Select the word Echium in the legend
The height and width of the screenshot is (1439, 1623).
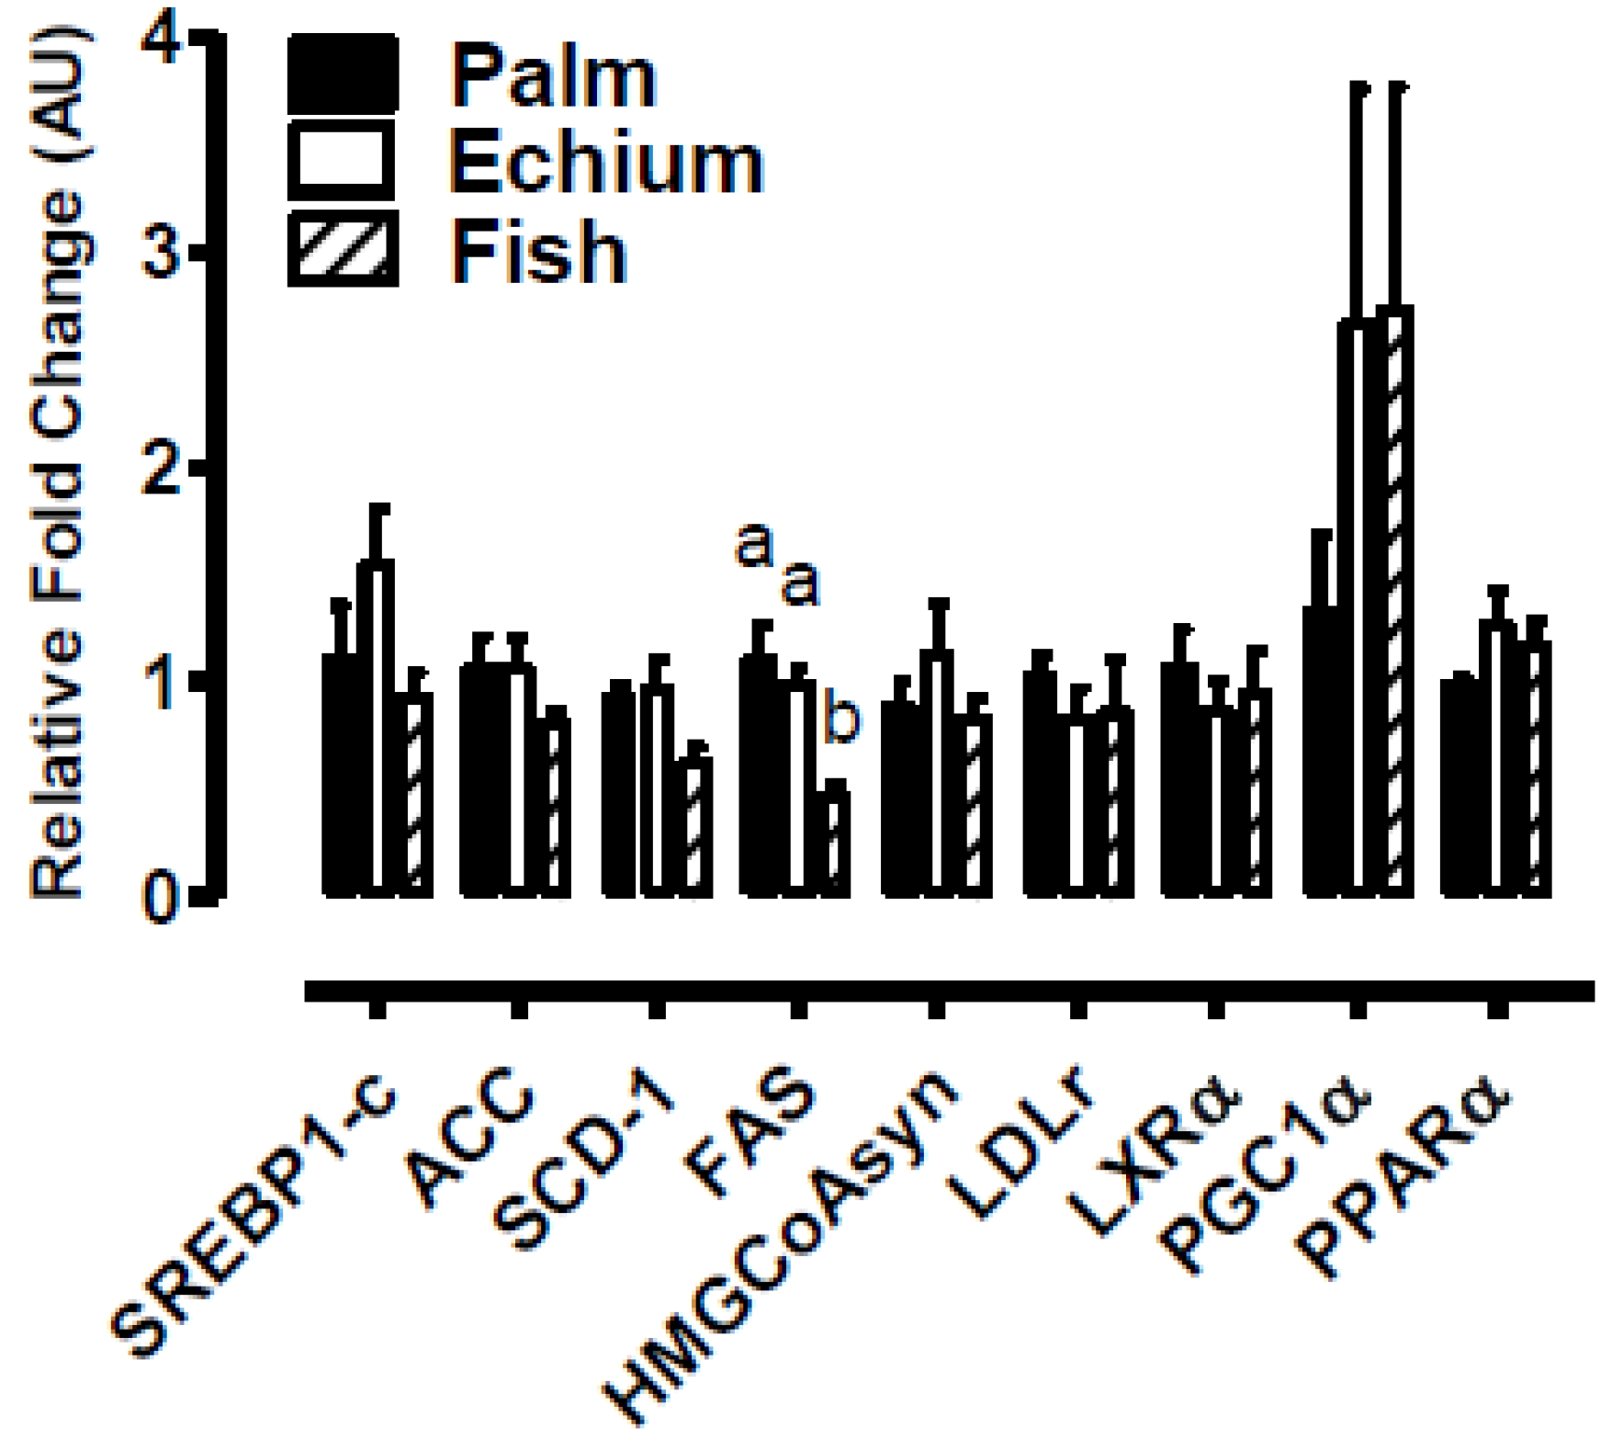tap(606, 164)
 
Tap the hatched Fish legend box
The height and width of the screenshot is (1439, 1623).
tap(343, 248)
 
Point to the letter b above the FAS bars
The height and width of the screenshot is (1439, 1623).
tap(840, 720)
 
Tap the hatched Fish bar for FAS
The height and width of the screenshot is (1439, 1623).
tap(836, 841)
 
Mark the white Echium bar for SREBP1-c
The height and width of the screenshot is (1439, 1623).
tap(376, 726)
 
